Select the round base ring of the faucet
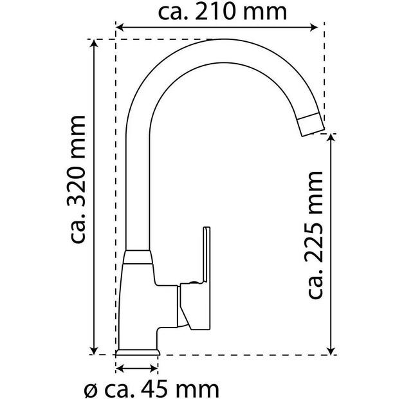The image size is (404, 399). (x=136, y=352)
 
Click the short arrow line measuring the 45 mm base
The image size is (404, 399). (x=136, y=369)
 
